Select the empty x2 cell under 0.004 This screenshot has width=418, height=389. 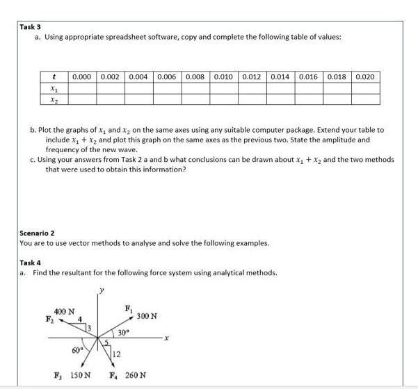point(140,99)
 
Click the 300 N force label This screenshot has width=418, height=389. point(147,317)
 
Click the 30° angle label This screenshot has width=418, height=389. point(122,333)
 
